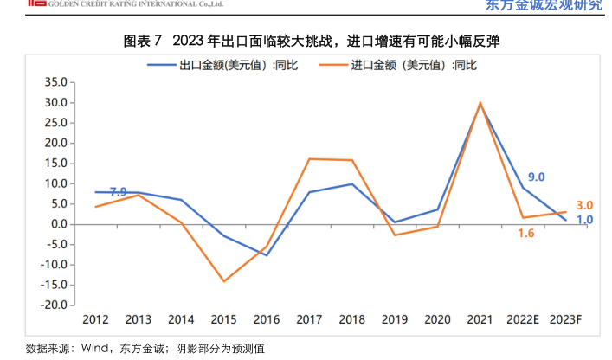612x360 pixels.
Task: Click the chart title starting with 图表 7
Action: (306, 41)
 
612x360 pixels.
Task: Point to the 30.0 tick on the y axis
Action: (55, 102)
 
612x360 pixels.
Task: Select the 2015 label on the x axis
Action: (223, 319)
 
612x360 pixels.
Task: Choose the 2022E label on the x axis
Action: (523, 319)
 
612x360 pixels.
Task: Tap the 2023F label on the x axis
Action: (564, 319)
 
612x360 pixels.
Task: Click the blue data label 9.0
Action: (536, 177)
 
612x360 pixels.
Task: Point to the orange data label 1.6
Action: (525, 233)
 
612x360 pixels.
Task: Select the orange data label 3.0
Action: (584, 205)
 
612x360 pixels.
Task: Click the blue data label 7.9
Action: (119, 191)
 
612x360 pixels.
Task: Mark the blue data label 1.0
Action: (584, 220)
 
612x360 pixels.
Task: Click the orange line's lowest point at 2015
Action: (223, 281)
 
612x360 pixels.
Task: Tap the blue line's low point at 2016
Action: (267, 255)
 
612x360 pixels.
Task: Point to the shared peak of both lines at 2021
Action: (480, 103)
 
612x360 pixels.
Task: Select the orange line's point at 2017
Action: (309, 158)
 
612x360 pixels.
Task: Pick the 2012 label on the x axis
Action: (95, 319)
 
